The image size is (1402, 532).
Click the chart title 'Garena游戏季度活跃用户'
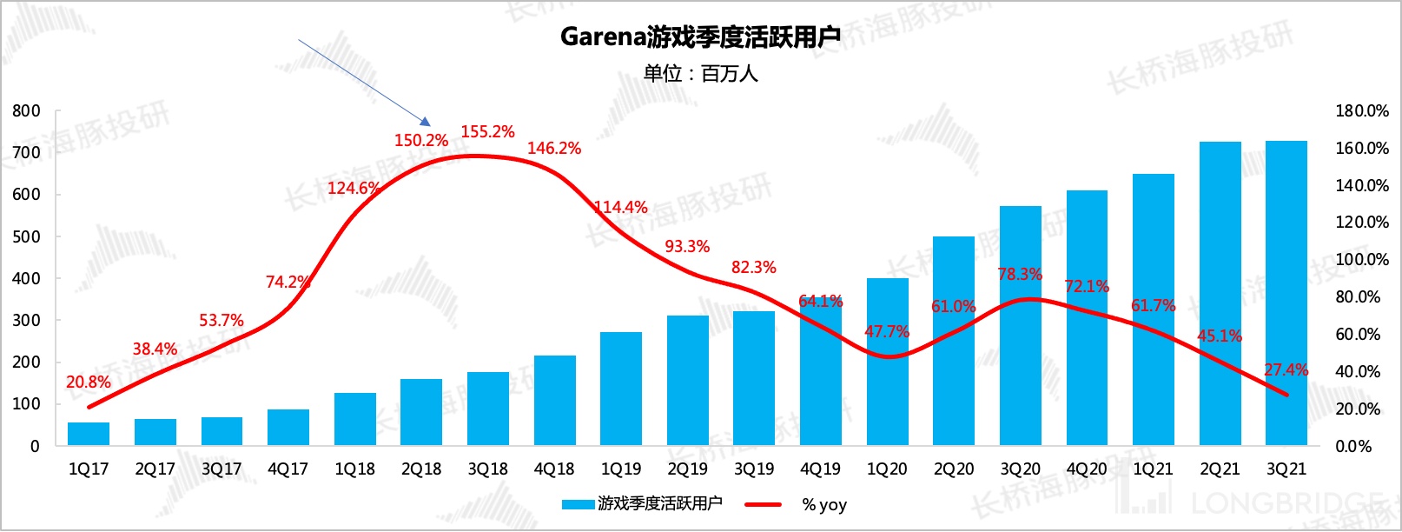click(700, 37)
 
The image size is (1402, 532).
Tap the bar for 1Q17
click(89, 434)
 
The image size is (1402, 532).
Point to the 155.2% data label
click(487, 132)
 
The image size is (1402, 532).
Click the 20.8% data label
click(89, 382)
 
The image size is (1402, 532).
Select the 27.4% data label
click(1286, 370)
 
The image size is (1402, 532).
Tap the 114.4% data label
click(621, 208)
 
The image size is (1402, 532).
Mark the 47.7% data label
click(887, 332)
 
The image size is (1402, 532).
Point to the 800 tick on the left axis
click(26, 111)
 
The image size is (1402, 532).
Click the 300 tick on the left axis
click(26, 321)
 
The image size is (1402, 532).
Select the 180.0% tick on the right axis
click(1361, 111)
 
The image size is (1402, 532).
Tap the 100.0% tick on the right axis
click(1361, 260)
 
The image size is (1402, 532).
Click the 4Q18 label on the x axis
click(554, 469)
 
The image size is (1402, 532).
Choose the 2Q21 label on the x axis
click(1220, 469)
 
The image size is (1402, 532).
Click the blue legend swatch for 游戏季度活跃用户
click(578, 504)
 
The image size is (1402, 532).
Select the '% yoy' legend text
click(823, 505)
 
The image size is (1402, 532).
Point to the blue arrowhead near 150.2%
click(426, 123)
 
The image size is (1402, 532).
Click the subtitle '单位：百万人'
click(700, 74)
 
